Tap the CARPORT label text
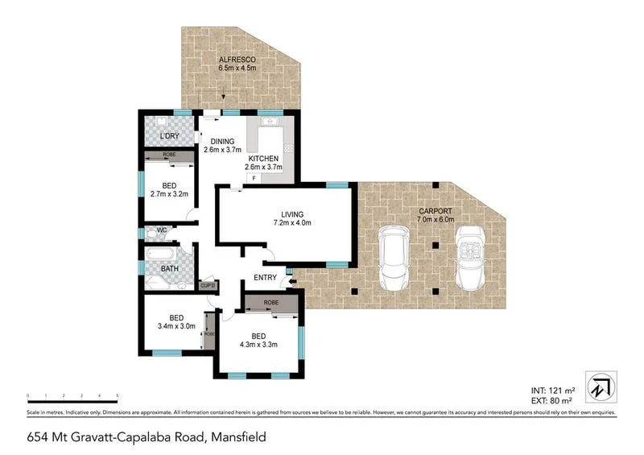[x=436, y=211]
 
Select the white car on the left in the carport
[x=395, y=259]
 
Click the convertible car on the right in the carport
[x=471, y=257]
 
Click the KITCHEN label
[x=263, y=159]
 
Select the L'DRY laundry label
[x=169, y=135]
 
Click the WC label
[x=161, y=230]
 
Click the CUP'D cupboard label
[x=207, y=285]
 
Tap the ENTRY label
[x=265, y=278]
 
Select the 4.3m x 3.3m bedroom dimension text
[x=258, y=345]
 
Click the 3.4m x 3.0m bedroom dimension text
[x=175, y=326]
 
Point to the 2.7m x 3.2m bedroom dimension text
[x=169, y=193]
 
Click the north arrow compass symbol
[x=601, y=387]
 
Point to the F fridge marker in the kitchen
[x=254, y=178]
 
